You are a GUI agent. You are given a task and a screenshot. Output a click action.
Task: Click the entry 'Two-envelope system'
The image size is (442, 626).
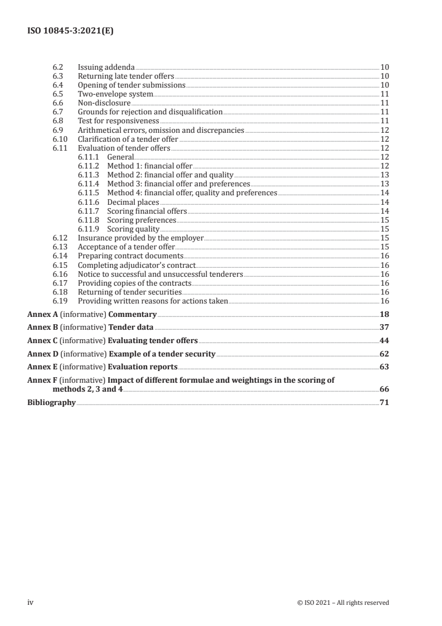[x=107, y=94]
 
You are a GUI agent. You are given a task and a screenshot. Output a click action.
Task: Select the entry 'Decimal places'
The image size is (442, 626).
[x=133, y=202]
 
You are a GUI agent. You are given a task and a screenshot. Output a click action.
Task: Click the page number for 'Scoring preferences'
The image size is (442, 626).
[x=384, y=220]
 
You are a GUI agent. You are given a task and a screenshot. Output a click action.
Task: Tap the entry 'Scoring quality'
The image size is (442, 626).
[x=133, y=229]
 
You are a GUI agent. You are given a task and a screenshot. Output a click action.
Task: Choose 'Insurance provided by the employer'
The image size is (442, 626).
[x=140, y=238]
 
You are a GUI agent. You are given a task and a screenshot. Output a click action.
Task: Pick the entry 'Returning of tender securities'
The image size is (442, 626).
[x=130, y=292]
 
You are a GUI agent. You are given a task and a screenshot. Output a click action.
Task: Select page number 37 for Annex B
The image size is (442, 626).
[x=383, y=328]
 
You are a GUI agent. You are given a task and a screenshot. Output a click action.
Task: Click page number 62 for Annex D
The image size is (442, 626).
[x=383, y=354]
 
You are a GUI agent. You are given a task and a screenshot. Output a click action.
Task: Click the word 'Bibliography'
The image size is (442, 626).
[x=51, y=402]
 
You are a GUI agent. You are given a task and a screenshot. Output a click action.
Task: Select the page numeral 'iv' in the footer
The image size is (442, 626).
[x=31, y=602]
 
